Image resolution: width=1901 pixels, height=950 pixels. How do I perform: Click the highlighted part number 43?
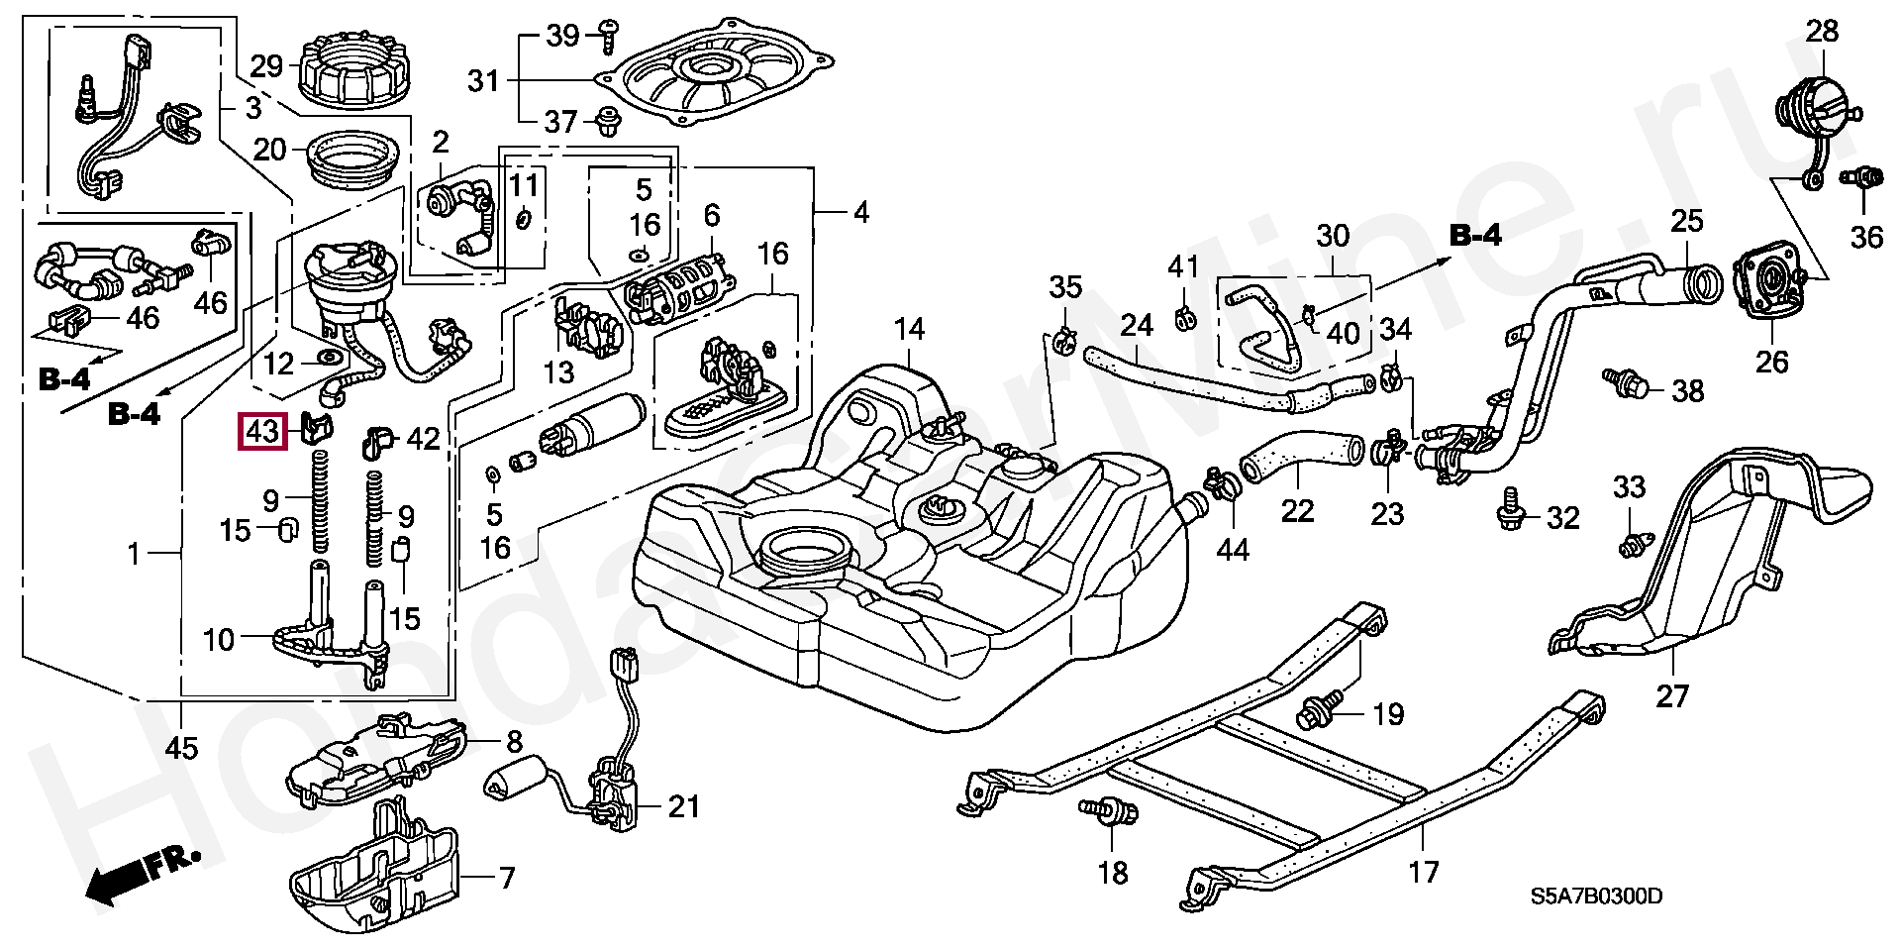click(262, 433)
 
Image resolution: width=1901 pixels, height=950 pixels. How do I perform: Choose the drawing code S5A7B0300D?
click(1596, 897)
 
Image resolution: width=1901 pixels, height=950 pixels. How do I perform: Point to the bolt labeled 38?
click(1627, 383)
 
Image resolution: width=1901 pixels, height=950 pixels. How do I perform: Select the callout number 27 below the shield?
click(1671, 695)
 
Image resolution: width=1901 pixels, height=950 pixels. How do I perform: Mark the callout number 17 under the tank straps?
click(1423, 873)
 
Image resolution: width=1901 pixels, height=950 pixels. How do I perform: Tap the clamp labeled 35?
click(1065, 338)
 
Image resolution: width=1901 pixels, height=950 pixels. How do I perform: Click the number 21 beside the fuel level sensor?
click(683, 806)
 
